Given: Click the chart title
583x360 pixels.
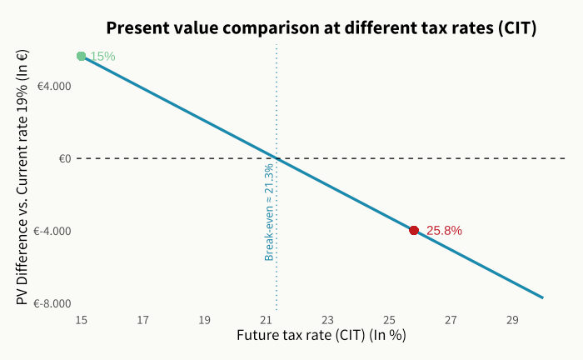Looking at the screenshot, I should [x=321, y=27].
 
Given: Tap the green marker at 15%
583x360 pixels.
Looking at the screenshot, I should [x=81, y=56].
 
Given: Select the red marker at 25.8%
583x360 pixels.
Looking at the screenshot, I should [x=414, y=230].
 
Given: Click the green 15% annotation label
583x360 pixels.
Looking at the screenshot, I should [x=102, y=57].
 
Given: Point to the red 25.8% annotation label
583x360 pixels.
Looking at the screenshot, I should [x=444, y=231].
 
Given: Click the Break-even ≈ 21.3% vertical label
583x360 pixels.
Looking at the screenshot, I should [x=269, y=212].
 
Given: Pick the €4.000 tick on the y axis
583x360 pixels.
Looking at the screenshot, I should [x=52, y=86].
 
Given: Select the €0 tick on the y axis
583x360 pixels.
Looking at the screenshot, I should [x=64, y=158].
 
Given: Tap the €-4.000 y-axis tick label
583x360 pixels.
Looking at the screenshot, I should [x=51, y=231].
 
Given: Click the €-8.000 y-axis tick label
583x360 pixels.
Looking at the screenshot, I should [x=51, y=303].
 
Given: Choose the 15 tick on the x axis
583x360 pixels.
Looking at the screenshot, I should [x=81, y=319].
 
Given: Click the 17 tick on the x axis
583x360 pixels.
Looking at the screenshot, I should [x=142, y=319].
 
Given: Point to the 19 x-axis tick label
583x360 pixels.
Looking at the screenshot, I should [x=204, y=319].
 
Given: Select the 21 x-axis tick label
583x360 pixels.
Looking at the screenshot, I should [x=266, y=319].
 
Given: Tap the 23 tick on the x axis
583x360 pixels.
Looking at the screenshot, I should [x=327, y=319].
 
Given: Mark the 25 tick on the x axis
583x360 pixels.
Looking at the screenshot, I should [x=389, y=319].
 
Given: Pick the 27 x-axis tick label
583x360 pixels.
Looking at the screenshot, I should [x=451, y=319].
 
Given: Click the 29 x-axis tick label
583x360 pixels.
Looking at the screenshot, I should [x=512, y=319].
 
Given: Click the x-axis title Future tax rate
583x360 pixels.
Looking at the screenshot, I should [x=321, y=336].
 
